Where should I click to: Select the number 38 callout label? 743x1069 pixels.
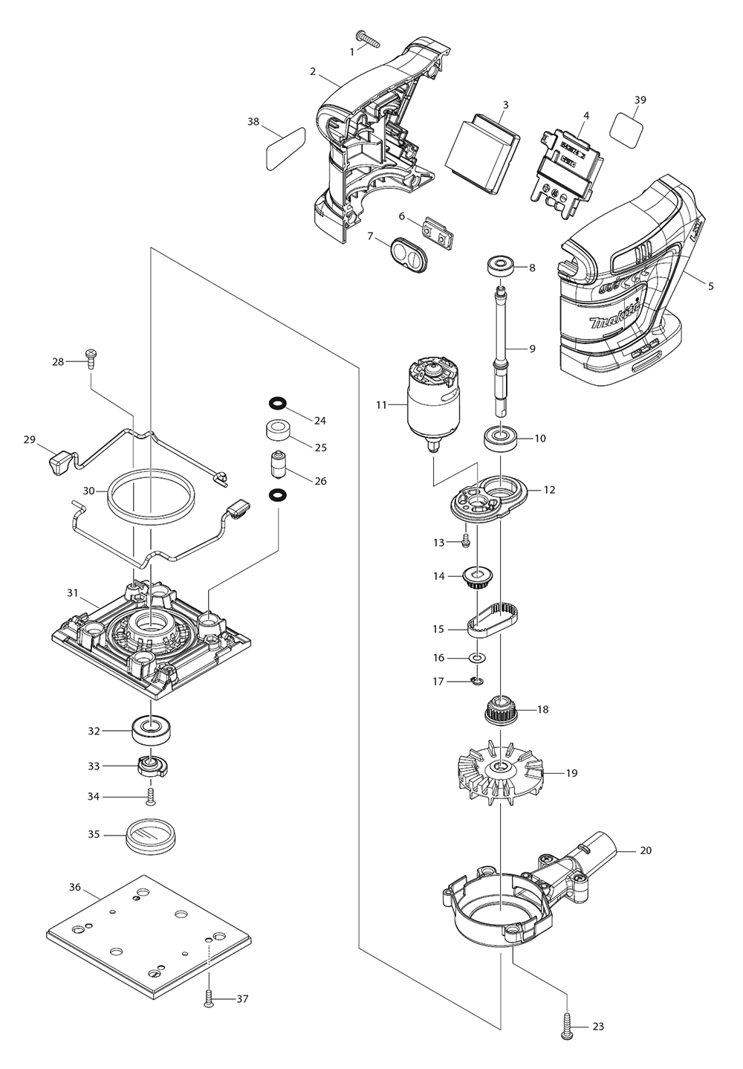[253, 122]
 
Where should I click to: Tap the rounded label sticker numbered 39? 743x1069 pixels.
[627, 126]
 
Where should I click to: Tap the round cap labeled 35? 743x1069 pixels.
[152, 836]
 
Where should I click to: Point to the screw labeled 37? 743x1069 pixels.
[209, 998]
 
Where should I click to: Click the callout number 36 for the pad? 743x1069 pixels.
[74, 887]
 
